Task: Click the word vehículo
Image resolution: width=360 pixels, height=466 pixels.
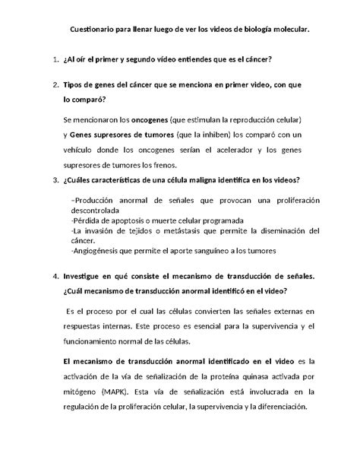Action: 81,151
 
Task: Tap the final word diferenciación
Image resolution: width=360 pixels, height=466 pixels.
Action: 275,406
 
